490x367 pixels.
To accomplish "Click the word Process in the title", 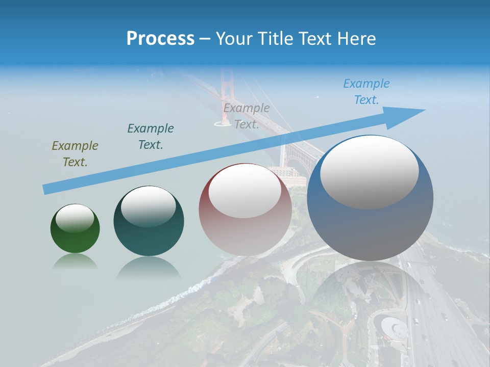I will coord(160,39).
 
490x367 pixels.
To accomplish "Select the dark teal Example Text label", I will coord(151,136).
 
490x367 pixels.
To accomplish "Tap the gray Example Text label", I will coord(247,116).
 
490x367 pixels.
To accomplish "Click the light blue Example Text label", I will coord(366,91).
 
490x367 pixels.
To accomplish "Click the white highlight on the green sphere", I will coord(75,218).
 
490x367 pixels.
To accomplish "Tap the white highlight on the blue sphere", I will coord(370,172).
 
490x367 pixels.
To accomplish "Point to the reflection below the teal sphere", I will coord(149,268).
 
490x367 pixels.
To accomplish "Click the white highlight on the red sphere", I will coord(245,191).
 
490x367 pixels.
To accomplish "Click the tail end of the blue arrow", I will coord(46,190).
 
